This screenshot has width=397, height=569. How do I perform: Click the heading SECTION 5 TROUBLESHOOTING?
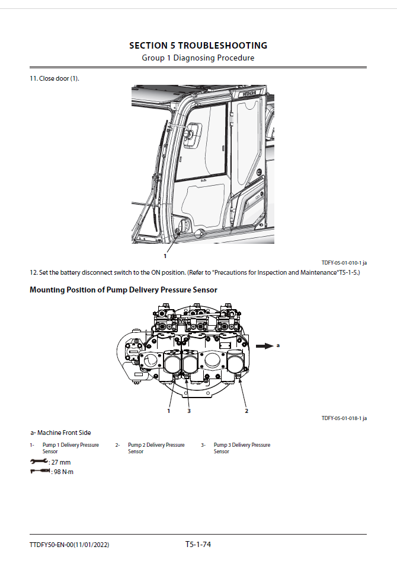(198, 46)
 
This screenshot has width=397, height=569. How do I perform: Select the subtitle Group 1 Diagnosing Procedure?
(198, 58)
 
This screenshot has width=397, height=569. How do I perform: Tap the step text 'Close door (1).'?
(55, 79)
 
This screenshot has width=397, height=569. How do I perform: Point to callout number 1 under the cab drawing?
(165, 256)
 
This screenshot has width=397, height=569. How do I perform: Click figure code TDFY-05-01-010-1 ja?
(348, 262)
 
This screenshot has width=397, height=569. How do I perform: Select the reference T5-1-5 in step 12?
(348, 272)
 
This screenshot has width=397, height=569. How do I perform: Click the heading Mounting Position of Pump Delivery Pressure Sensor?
(123, 290)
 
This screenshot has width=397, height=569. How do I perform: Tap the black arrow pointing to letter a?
(262, 345)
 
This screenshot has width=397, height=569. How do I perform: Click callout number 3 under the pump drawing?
(189, 411)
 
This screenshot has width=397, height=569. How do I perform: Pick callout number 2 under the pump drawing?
(246, 411)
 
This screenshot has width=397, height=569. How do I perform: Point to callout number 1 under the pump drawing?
(169, 411)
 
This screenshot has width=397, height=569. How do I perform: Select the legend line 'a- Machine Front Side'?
(61, 433)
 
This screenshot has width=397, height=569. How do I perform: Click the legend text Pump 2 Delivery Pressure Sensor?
(156, 448)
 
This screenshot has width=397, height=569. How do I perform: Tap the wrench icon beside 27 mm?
(39, 462)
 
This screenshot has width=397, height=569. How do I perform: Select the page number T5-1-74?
(198, 544)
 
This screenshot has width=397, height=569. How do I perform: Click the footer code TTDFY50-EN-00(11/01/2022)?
(69, 545)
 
